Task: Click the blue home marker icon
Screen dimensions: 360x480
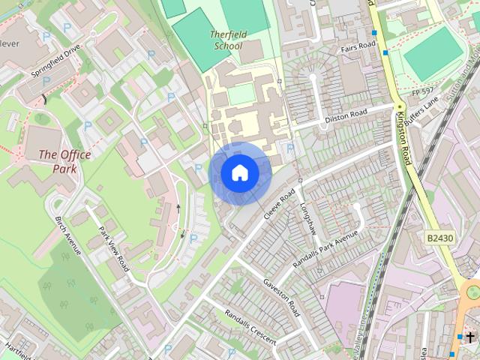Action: click(x=240, y=173)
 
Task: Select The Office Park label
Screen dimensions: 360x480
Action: click(x=64, y=161)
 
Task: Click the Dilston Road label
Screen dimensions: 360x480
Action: click(x=346, y=115)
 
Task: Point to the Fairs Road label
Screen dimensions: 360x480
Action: click(x=357, y=46)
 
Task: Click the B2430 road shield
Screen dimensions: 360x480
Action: click(x=440, y=238)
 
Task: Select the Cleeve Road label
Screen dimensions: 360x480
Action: click(x=280, y=203)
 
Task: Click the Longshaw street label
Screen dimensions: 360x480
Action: click(x=309, y=218)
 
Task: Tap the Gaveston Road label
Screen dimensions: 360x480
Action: click(x=281, y=296)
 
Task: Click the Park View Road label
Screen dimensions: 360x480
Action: click(x=114, y=248)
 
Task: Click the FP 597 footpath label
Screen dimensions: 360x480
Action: click(x=422, y=91)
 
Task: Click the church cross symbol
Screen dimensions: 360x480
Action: click(x=470, y=338)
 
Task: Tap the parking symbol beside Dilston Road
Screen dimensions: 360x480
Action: click(x=290, y=148)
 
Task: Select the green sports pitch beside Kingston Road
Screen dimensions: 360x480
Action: click(x=433, y=53)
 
